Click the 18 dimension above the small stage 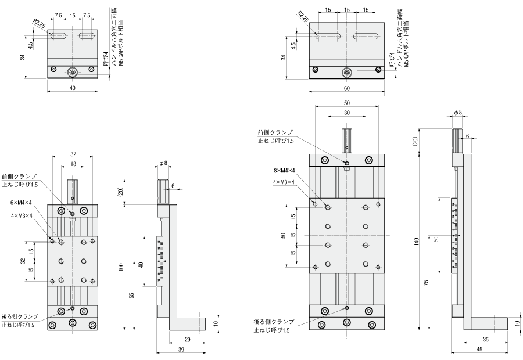73,165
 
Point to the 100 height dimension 120,267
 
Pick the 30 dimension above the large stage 347,113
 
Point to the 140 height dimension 417,243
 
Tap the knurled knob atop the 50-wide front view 347,139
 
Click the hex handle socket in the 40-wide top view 73,72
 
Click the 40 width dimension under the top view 73,88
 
